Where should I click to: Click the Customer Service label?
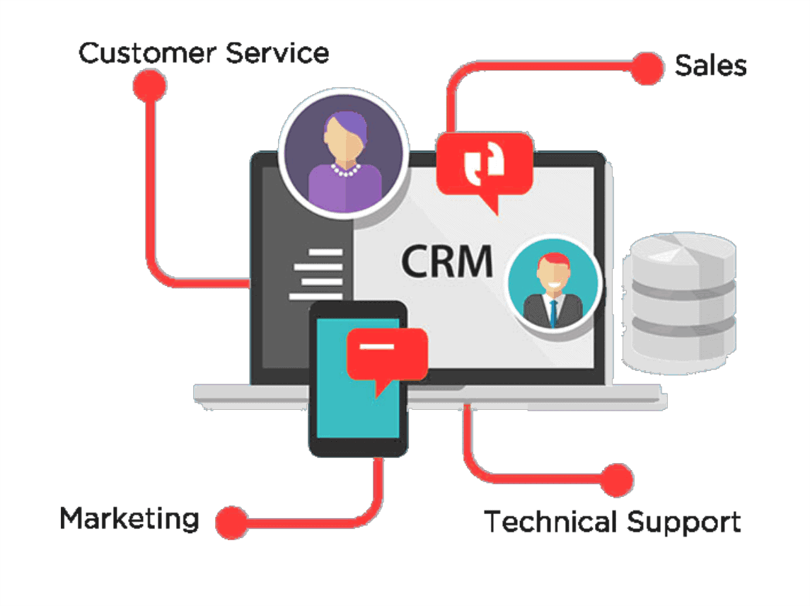[x=204, y=54]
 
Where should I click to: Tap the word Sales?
[x=710, y=66]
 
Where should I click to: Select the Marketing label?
[x=129, y=518]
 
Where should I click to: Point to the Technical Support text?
[x=613, y=522]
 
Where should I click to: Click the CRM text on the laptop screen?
[x=447, y=260]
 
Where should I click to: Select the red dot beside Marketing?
[x=231, y=522]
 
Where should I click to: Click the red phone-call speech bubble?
[x=485, y=164]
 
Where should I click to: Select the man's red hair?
[x=552, y=260]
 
